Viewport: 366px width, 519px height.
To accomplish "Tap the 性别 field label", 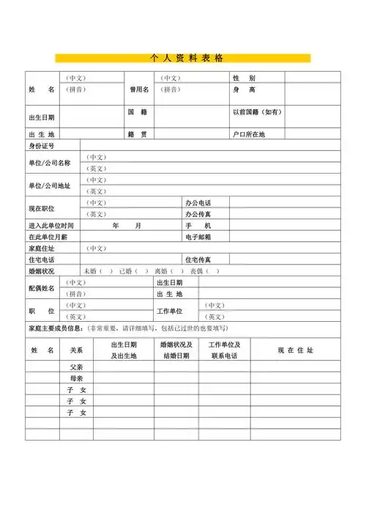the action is [x=244, y=78].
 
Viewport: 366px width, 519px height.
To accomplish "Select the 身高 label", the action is [x=244, y=89].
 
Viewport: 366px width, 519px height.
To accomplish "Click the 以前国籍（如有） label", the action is [x=257, y=112].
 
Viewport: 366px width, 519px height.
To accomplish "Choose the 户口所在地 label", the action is [x=248, y=135].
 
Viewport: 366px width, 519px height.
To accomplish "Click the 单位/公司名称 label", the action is [x=49, y=163].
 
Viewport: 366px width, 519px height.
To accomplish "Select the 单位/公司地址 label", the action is [x=49, y=185].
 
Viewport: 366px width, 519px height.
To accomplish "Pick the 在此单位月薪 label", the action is [x=48, y=237].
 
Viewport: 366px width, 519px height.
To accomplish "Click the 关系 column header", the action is [x=76, y=350].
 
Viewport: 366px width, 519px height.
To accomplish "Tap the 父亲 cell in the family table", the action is [x=77, y=367].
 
